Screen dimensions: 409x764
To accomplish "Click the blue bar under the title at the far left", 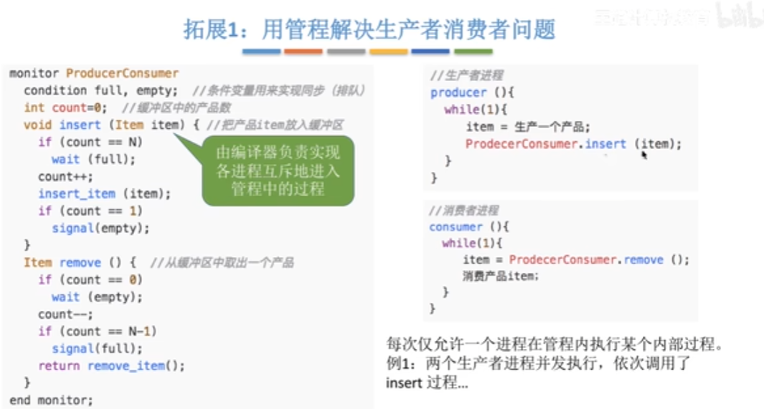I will point(261,52).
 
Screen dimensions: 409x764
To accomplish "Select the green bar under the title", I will point(473,52).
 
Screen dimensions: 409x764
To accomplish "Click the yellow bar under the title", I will point(388,52).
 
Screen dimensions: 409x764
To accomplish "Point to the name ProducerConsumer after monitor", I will point(122,73).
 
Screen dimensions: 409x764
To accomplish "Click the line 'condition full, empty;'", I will point(100,90).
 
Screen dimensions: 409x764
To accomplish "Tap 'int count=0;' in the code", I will point(65,107).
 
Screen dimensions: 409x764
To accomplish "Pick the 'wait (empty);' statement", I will point(96,297).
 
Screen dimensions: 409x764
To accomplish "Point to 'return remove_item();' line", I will point(111,365).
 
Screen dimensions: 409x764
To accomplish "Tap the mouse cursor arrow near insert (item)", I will point(644,153).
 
